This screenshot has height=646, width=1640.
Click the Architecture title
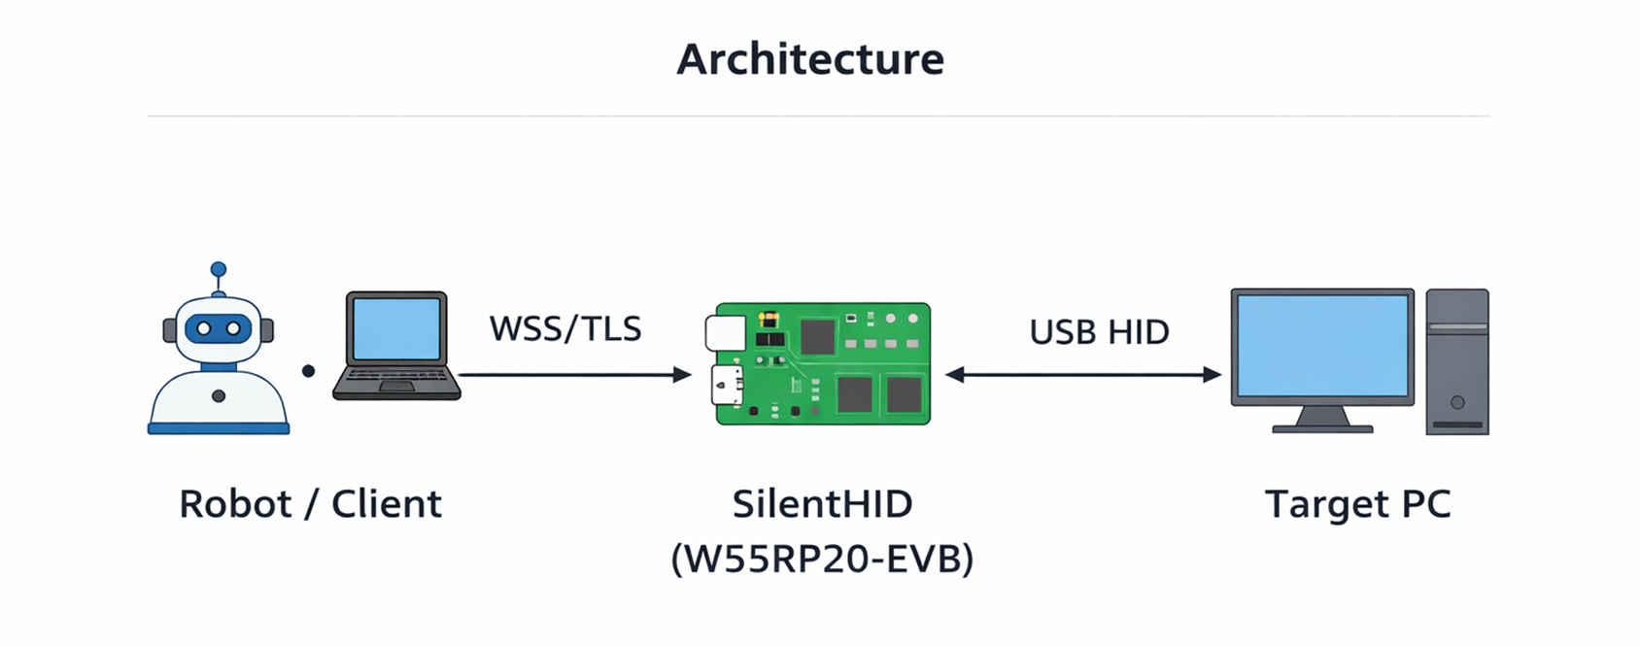[810, 59]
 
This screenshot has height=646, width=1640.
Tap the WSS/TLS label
[565, 329]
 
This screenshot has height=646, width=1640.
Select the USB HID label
[1099, 332]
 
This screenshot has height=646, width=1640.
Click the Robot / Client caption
[310, 504]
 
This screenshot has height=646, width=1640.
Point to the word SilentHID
[822, 504]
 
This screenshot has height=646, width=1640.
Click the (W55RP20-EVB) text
[822, 559]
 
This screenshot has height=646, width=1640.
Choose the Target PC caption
[1357, 504]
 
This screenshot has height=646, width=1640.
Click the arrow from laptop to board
[573, 374]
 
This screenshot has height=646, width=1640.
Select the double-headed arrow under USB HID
[1082, 374]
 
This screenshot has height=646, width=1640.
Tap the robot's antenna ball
[219, 269]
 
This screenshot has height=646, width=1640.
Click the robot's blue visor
[219, 328]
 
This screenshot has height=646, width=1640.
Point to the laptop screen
[396, 328]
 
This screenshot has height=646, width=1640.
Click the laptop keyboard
[395, 375]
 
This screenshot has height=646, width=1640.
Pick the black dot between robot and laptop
[308, 371]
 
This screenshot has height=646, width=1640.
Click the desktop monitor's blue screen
[1322, 346]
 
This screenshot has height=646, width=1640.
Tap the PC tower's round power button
[1457, 402]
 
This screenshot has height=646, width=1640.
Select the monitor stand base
[1322, 427]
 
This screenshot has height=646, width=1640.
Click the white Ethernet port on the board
[726, 332]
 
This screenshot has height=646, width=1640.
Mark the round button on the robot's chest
[219, 396]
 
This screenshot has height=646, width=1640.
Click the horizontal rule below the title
[818, 117]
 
